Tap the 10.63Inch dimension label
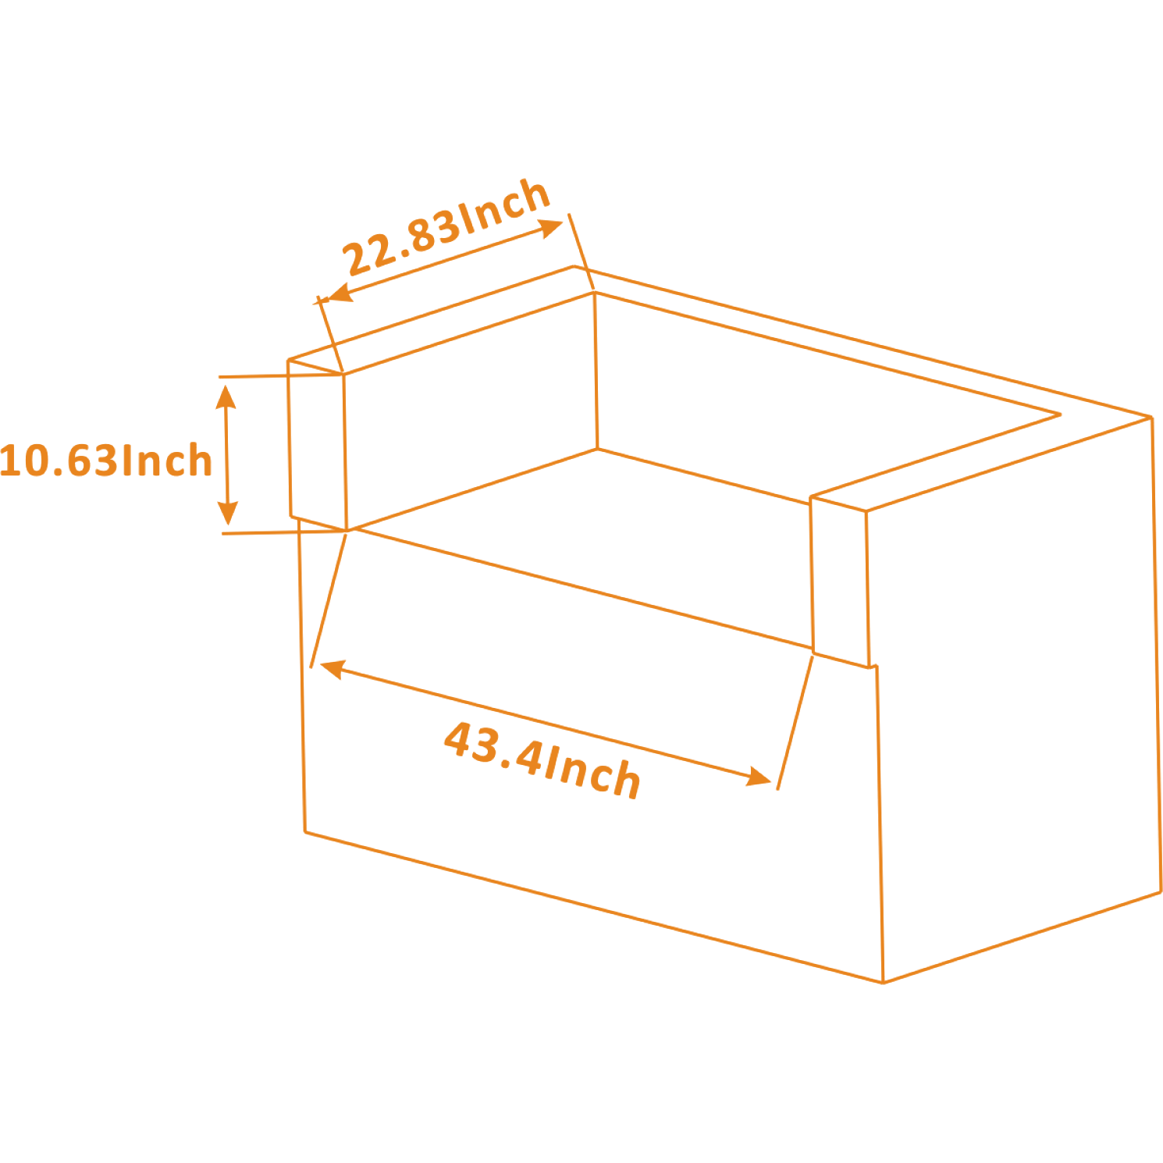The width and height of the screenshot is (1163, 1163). pos(105,461)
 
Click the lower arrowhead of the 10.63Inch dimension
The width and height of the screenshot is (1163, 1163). pos(227,513)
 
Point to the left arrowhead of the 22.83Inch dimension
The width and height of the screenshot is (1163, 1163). pos(338,293)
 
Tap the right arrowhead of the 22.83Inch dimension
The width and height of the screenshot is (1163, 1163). pos(551,227)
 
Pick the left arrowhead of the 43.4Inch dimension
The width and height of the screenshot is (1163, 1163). pos(332,669)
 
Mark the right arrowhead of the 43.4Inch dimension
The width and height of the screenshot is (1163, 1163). pos(759,777)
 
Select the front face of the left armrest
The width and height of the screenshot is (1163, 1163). pos(317,445)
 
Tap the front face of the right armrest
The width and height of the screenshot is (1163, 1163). pos(841,581)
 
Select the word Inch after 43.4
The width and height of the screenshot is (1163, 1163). pos(592,772)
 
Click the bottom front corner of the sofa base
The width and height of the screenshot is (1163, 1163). pos(883,983)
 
